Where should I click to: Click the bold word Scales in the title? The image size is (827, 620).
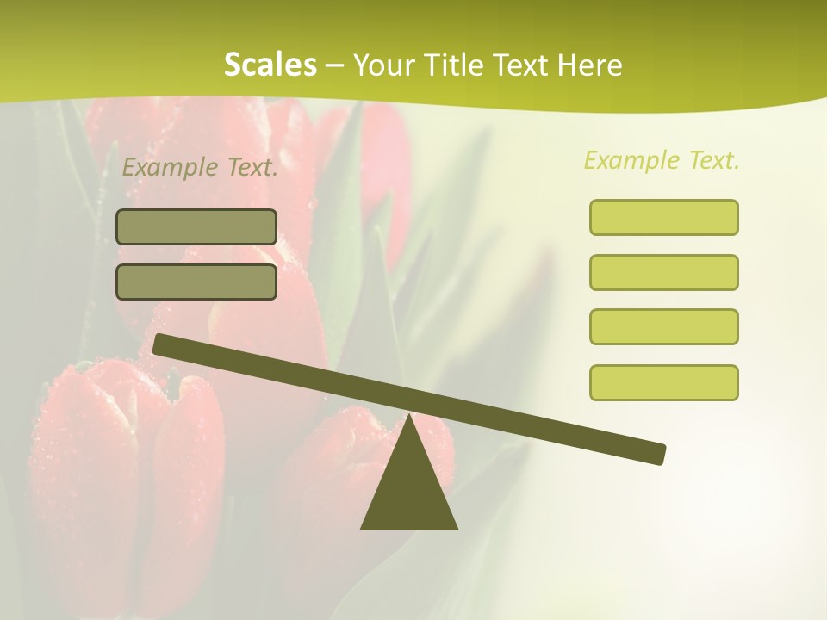(x=270, y=65)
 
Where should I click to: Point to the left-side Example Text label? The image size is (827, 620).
(x=200, y=167)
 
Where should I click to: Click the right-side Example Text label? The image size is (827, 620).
(x=662, y=160)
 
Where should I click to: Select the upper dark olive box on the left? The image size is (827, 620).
(x=196, y=226)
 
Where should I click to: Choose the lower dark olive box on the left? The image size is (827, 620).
(x=196, y=282)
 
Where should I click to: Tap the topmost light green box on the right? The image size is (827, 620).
(x=663, y=217)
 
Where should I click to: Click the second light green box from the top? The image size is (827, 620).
(x=663, y=272)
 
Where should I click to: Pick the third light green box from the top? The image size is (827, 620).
(x=663, y=326)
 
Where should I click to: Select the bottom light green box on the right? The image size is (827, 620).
(x=663, y=382)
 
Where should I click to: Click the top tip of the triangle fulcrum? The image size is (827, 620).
(x=410, y=417)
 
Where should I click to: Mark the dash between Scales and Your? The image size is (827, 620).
(x=334, y=65)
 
